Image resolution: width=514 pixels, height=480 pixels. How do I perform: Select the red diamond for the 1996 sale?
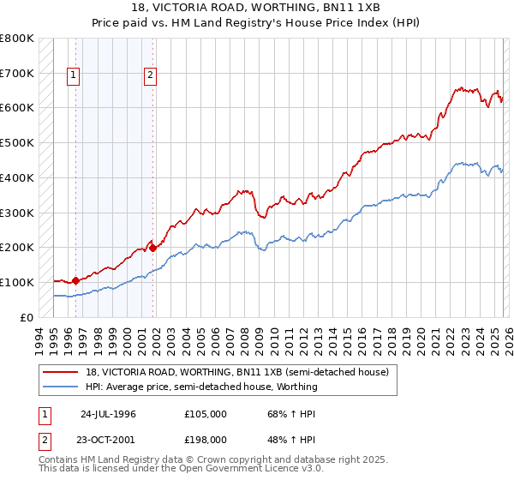[x=75, y=280]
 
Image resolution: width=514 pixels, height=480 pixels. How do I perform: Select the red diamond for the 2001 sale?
[x=152, y=248]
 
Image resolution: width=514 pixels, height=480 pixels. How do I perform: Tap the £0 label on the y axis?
[x=26, y=317]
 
